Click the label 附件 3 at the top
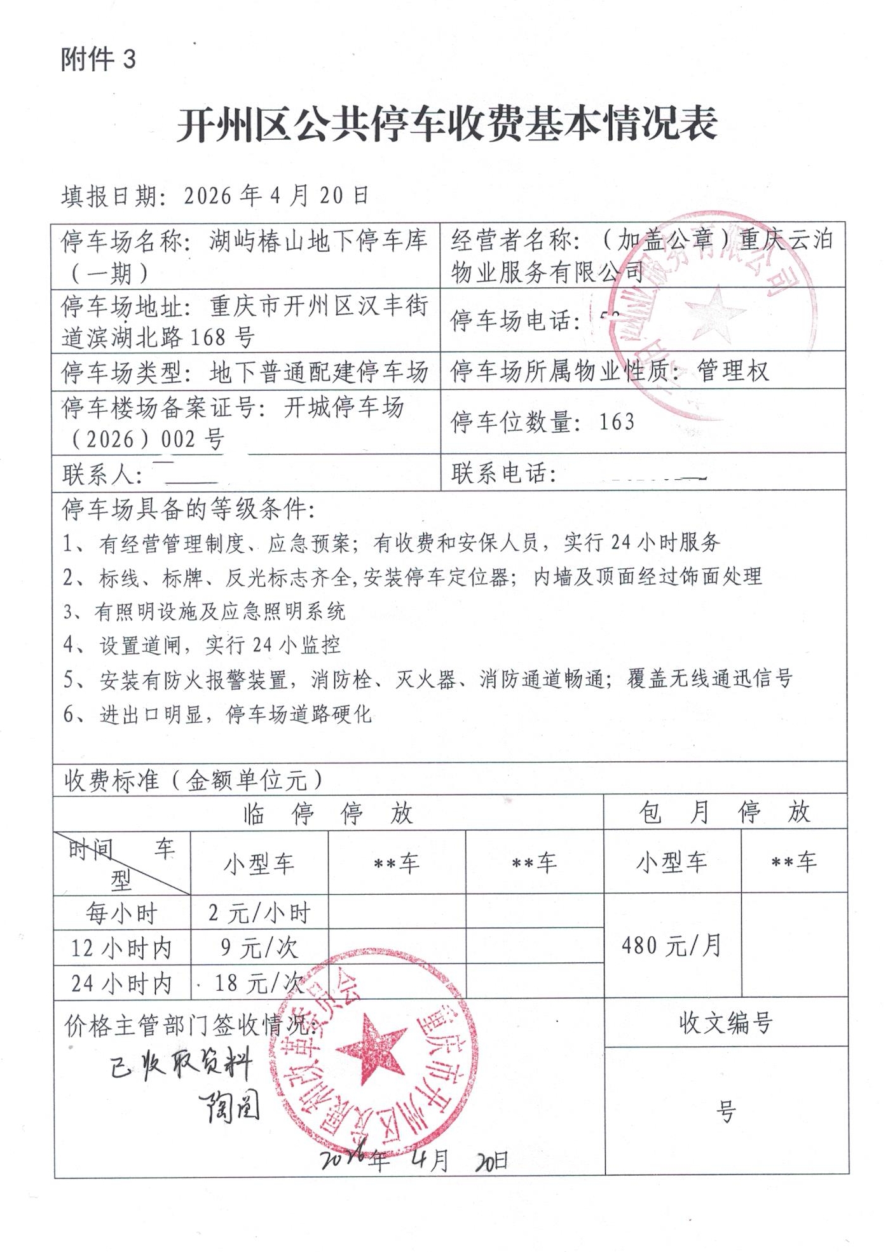(99, 59)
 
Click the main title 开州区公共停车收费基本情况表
(447, 124)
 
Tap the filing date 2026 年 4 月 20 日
(277, 196)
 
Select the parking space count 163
(617, 421)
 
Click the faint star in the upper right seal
(714, 313)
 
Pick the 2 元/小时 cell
(259, 913)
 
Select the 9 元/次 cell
(259, 948)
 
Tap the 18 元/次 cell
(259, 983)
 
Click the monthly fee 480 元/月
(671, 946)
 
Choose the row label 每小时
(121, 913)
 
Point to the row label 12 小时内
(121, 948)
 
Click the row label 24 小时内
(121, 983)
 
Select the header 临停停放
(328, 813)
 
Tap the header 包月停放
(725, 812)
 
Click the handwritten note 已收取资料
(181, 1065)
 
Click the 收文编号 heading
(726, 1023)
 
